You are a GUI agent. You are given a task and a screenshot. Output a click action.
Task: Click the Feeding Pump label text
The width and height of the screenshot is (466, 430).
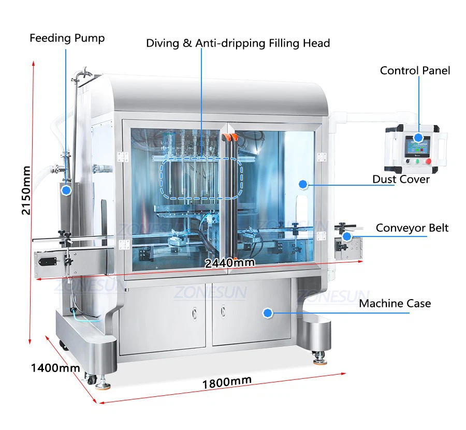click(x=67, y=38)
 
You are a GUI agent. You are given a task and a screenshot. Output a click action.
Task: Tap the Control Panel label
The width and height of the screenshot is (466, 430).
click(x=415, y=70)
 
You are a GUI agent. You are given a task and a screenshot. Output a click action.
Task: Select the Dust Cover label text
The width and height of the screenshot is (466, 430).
click(x=401, y=179)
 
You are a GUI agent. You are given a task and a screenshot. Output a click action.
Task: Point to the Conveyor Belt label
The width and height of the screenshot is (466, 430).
click(x=412, y=228)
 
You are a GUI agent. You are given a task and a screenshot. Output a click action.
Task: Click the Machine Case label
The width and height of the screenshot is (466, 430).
click(x=395, y=303)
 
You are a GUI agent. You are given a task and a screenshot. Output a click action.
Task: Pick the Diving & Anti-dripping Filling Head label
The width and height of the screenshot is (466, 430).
click(x=238, y=43)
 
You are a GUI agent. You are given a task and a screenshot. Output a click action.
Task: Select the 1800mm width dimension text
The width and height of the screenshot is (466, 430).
click(x=227, y=382)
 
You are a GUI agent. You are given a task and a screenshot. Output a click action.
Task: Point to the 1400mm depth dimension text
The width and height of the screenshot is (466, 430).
click(x=55, y=368)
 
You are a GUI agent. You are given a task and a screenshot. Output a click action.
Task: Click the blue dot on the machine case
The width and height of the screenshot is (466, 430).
click(x=267, y=313)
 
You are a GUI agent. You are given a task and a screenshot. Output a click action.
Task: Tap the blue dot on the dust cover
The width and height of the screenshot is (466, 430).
click(x=303, y=183)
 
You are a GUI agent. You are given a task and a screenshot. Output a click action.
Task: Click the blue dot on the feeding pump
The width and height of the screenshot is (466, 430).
click(x=66, y=190)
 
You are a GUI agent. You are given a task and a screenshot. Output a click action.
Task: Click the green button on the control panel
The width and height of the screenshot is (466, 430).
click(x=409, y=161)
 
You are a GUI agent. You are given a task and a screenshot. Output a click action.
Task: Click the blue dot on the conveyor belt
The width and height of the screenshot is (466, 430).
click(x=347, y=236)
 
